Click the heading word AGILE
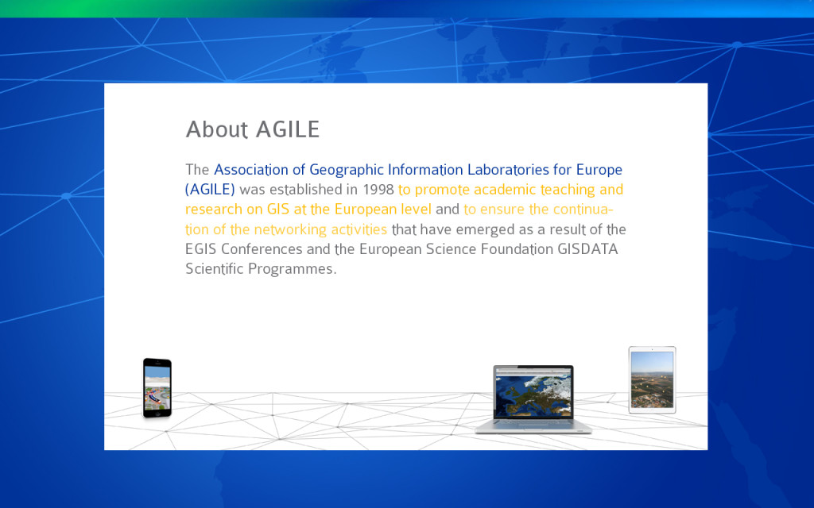(288, 129)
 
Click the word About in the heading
(217, 129)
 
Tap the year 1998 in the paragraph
(378, 190)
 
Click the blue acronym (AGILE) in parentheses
(210, 190)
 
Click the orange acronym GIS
(277, 210)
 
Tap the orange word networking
(290, 229)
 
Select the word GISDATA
(587, 249)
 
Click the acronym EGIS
(200, 249)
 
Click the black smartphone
(157, 387)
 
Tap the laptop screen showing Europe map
(533, 392)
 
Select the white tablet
(652, 380)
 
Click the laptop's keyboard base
(533, 426)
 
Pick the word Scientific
(215, 269)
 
